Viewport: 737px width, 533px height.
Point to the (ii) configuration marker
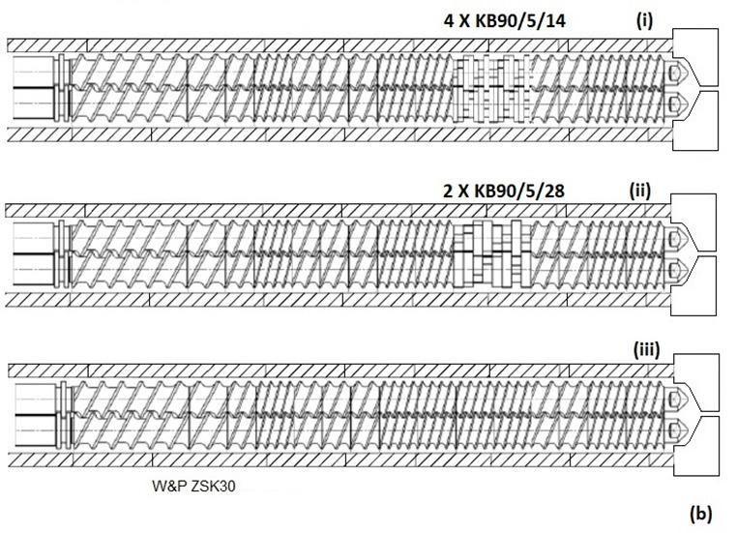[x=639, y=190]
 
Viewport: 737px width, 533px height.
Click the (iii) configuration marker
[x=645, y=350]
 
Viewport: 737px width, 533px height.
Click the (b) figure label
[x=699, y=514]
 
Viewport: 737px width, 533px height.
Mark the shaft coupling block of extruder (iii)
[x=35, y=414]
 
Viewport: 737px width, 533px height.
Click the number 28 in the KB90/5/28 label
[x=554, y=191]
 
